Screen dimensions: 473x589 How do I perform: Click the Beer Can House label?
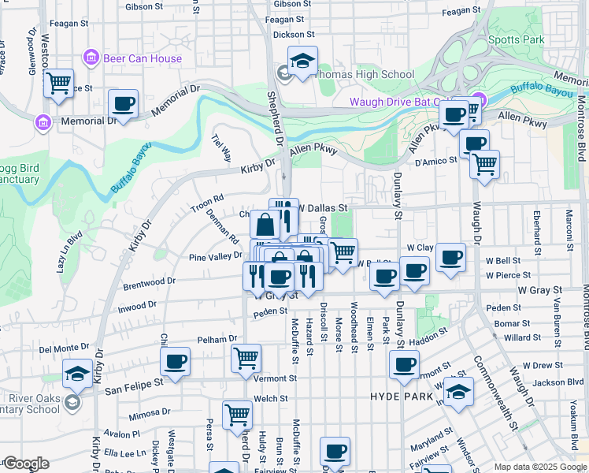coord(143,58)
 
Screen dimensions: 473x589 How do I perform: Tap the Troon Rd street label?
coord(207,203)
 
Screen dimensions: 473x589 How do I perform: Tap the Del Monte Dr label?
coord(65,348)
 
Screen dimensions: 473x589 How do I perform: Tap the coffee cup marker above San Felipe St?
coord(176,362)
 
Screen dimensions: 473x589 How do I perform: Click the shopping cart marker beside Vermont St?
coord(246,358)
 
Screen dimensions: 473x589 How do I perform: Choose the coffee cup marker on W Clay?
coord(450,257)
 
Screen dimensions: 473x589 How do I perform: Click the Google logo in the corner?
coord(25,464)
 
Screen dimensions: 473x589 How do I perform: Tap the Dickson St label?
coord(294,35)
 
